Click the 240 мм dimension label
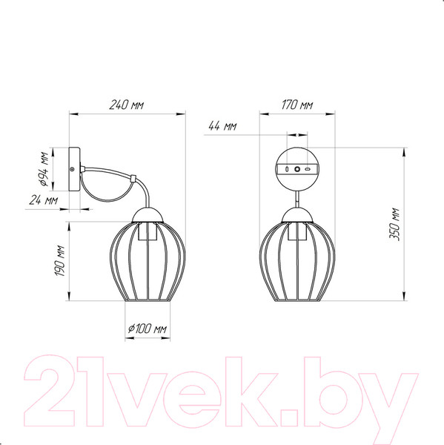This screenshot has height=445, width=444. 127,105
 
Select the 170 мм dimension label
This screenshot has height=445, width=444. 297,105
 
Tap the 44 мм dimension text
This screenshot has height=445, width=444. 222,126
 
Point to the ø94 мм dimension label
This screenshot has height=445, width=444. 44,169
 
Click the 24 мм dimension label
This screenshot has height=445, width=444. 44,200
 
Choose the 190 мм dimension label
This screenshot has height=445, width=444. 60,260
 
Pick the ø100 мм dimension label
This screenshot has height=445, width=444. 148,329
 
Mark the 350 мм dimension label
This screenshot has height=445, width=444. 394,224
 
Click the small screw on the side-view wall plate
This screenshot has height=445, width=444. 72,169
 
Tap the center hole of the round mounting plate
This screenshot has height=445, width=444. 297,169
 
